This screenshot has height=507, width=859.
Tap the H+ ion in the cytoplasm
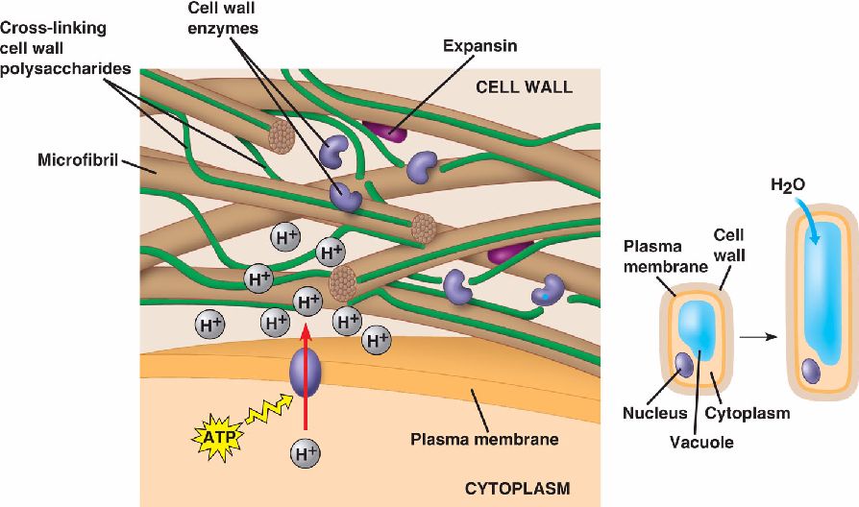click(x=307, y=450)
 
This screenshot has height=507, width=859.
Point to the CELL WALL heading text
click(x=524, y=87)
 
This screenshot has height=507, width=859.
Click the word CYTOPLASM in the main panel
click(x=517, y=489)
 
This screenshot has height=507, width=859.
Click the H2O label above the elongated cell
click(x=787, y=185)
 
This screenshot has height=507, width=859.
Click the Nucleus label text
click(x=657, y=414)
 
